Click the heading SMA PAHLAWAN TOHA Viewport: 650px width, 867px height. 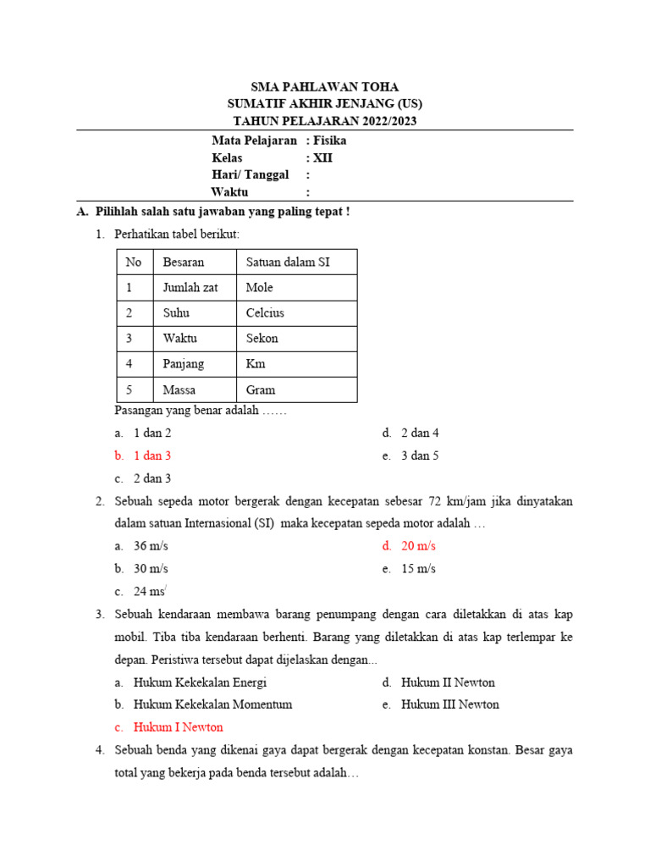[x=325, y=87]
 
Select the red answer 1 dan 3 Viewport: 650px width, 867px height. [x=152, y=456]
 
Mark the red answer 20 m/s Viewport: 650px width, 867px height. [x=418, y=546]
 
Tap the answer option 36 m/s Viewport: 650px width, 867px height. [x=151, y=546]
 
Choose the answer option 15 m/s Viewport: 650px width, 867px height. [x=418, y=569]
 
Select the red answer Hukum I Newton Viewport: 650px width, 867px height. [x=178, y=727]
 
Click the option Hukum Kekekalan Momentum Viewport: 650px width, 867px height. [x=212, y=704]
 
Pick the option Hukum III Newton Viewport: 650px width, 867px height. [x=450, y=704]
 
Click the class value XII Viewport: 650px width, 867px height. [x=323, y=157]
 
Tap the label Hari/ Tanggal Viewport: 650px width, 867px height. [x=250, y=174]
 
